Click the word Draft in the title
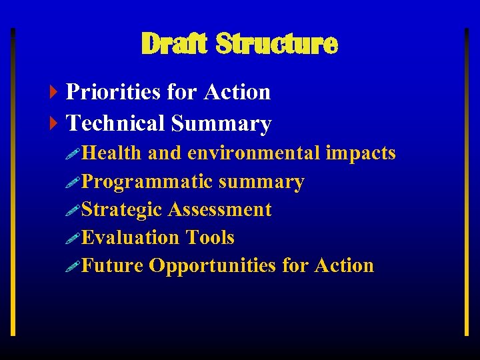(x=174, y=44)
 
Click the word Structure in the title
(x=277, y=44)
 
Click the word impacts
(x=361, y=153)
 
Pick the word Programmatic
(x=147, y=182)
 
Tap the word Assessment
(x=220, y=210)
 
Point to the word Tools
(x=210, y=238)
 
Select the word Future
(x=113, y=266)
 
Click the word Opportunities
(x=213, y=266)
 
